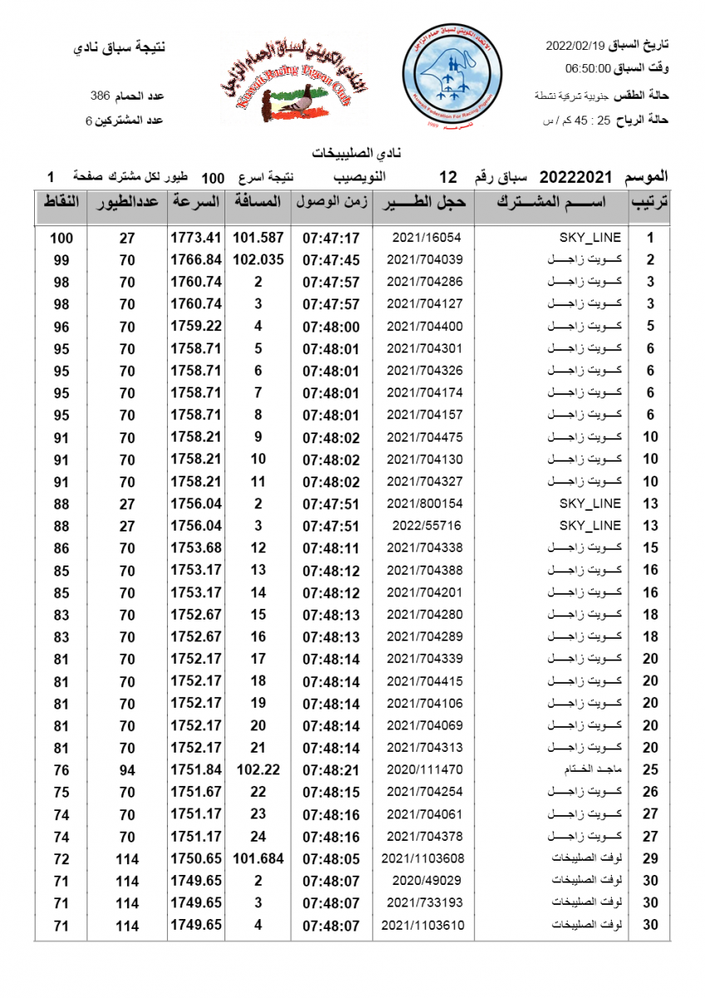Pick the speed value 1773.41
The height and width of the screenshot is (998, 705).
197,238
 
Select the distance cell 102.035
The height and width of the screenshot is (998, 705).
259,259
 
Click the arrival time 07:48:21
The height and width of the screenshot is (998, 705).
331,769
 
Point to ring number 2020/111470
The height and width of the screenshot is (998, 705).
424,769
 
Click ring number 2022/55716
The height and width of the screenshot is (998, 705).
424,526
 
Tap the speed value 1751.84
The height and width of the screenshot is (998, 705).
197,769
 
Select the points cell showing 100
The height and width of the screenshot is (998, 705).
62,238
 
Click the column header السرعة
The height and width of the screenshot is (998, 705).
196,202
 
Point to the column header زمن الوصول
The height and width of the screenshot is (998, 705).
332,202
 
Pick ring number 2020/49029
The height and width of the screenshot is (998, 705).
424,880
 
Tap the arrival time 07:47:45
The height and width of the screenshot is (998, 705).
331,259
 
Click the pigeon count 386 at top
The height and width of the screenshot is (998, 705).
101,96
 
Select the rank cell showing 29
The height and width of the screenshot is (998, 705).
651,857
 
